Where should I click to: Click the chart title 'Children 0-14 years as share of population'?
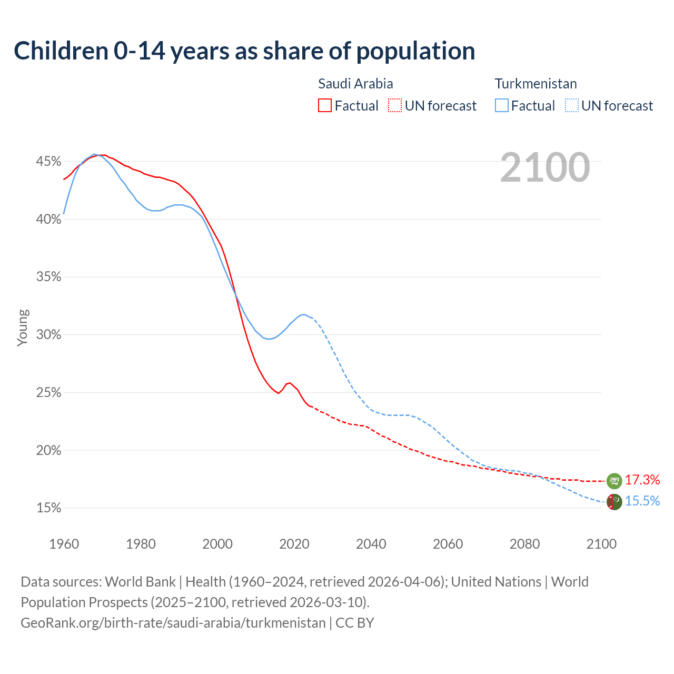point(244,51)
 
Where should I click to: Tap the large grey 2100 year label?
point(545,167)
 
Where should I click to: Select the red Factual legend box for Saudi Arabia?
point(325,106)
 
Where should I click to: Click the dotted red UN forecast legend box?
point(395,106)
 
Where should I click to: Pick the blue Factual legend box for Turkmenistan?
point(502,106)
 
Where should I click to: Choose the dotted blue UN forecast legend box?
point(572,106)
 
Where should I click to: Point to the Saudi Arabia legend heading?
point(355,84)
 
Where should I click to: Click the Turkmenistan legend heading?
point(536,84)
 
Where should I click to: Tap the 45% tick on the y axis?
point(49,161)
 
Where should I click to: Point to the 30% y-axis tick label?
point(49,335)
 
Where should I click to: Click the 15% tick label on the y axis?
point(49,508)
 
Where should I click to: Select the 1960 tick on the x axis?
point(64,544)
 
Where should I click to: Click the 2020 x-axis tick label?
point(294,544)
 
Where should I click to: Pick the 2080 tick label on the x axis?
point(524,544)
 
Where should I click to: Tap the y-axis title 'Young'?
point(23,328)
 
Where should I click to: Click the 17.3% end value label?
point(642,480)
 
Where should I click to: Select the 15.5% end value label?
point(642,501)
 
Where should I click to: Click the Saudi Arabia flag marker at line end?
point(614,480)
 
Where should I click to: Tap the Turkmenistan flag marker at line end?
point(614,502)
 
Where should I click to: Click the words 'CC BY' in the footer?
point(355,623)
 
